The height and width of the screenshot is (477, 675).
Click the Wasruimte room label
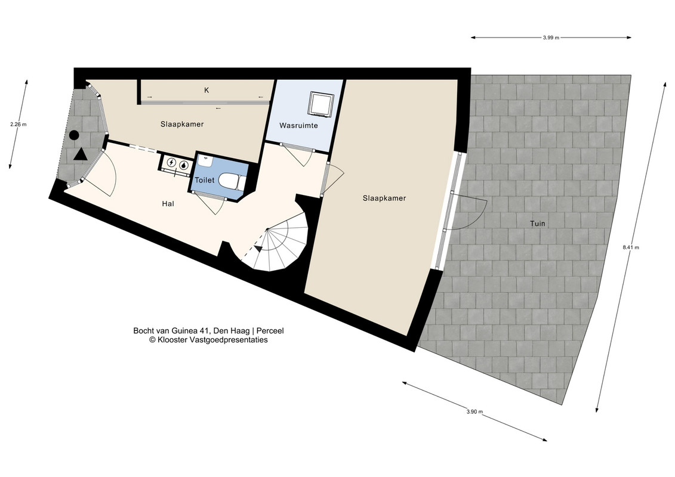[298, 126]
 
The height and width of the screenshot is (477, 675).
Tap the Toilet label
[205, 180]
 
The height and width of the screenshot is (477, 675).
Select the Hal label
[168, 204]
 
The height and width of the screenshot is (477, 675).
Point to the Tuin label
[537, 224]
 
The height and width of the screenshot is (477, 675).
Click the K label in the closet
[206, 90]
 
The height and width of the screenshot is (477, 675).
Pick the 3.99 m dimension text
[551, 38]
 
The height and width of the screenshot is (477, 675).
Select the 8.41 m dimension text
[631, 247]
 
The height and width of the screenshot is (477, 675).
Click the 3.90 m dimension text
[474, 411]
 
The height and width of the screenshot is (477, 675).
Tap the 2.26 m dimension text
[18, 125]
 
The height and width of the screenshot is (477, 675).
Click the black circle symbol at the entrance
[74, 135]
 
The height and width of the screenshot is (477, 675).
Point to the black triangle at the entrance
[80, 155]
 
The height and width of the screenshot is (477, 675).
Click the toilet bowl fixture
[232, 181]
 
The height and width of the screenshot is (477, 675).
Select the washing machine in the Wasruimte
[321, 104]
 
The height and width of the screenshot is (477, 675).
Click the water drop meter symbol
[184, 164]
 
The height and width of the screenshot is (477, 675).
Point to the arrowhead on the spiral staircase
[258, 248]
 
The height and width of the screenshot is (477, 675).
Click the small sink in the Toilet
[206, 162]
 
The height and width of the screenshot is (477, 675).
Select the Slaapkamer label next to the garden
[384, 199]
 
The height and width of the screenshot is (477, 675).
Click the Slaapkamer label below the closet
[182, 124]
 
